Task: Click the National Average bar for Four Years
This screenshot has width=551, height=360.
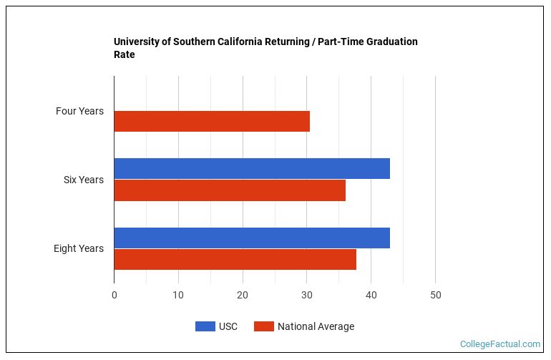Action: pyautogui.click(x=212, y=122)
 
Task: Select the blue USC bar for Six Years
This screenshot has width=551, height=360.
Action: pyautogui.click(x=252, y=168)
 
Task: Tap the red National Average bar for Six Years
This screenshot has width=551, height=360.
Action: pyautogui.click(x=230, y=190)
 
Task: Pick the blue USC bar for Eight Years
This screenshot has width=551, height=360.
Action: pyautogui.click(x=252, y=238)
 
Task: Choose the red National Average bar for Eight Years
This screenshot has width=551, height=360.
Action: pyautogui.click(x=235, y=259)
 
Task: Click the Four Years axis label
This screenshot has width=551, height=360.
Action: pyautogui.click(x=79, y=111)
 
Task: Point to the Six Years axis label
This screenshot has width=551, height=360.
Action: pyautogui.click(x=83, y=180)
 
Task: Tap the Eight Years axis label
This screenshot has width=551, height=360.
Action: pyautogui.click(x=78, y=248)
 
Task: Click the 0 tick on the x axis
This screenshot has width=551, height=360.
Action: pyautogui.click(x=114, y=295)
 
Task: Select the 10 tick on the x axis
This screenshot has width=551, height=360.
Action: pyautogui.click(x=178, y=295)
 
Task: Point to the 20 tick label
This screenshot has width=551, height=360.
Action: pyautogui.click(x=243, y=295)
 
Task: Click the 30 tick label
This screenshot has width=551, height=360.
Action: pyautogui.click(x=307, y=295)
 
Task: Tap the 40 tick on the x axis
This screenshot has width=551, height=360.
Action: pyautogui.click(x=371, y=295)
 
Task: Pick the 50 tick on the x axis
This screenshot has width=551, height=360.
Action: pyautogui.click(x=435, y=295)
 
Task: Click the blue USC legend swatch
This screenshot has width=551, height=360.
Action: pyautogui.click(x=205, y=326)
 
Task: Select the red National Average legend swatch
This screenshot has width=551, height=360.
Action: pyautogui.click(x=264, y=326)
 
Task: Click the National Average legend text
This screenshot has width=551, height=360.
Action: pyautogui.click(x=316, y=326)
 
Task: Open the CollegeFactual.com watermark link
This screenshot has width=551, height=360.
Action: pyautogui.click(x=499, y=344)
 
